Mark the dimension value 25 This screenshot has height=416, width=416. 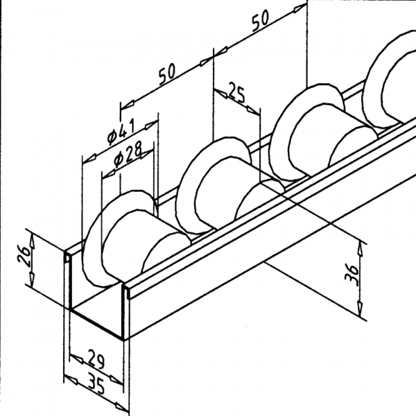coord(236,96)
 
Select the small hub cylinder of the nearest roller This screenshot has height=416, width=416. coord(149,246)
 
